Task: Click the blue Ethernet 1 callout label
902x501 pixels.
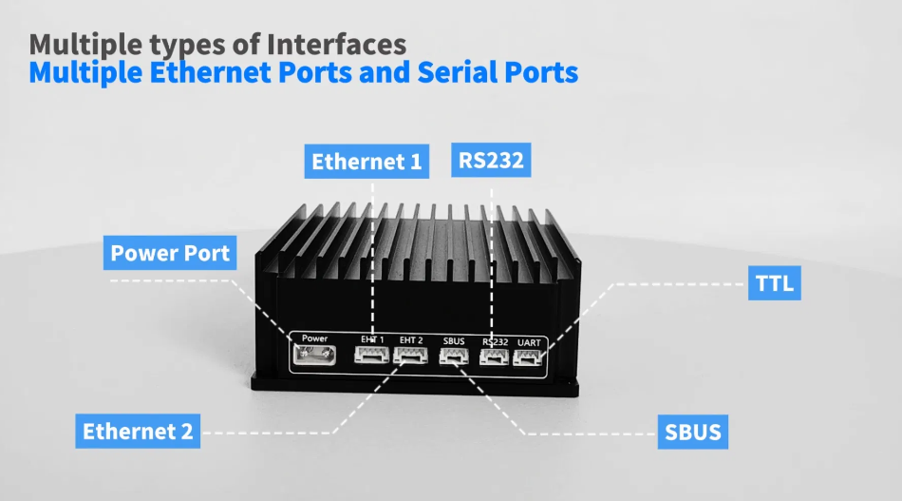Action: point(366,162)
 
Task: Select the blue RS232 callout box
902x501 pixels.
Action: point(491,160)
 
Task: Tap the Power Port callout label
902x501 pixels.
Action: point(170,254)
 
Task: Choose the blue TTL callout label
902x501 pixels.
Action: point(774,283)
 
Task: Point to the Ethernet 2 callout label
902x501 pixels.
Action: point(138,431)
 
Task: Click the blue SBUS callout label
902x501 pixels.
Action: point(692,433)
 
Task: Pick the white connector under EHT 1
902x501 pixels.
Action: point(370,356)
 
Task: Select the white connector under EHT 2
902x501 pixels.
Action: point(410,356)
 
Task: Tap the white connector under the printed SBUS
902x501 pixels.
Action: point(453,357)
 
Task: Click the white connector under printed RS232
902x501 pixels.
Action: point(494,357)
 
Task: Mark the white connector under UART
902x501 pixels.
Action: point(528,357)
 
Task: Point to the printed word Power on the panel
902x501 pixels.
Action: point(314,337)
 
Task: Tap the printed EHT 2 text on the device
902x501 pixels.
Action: point(411,339)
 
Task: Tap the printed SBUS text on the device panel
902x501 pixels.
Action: point(454,340)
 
